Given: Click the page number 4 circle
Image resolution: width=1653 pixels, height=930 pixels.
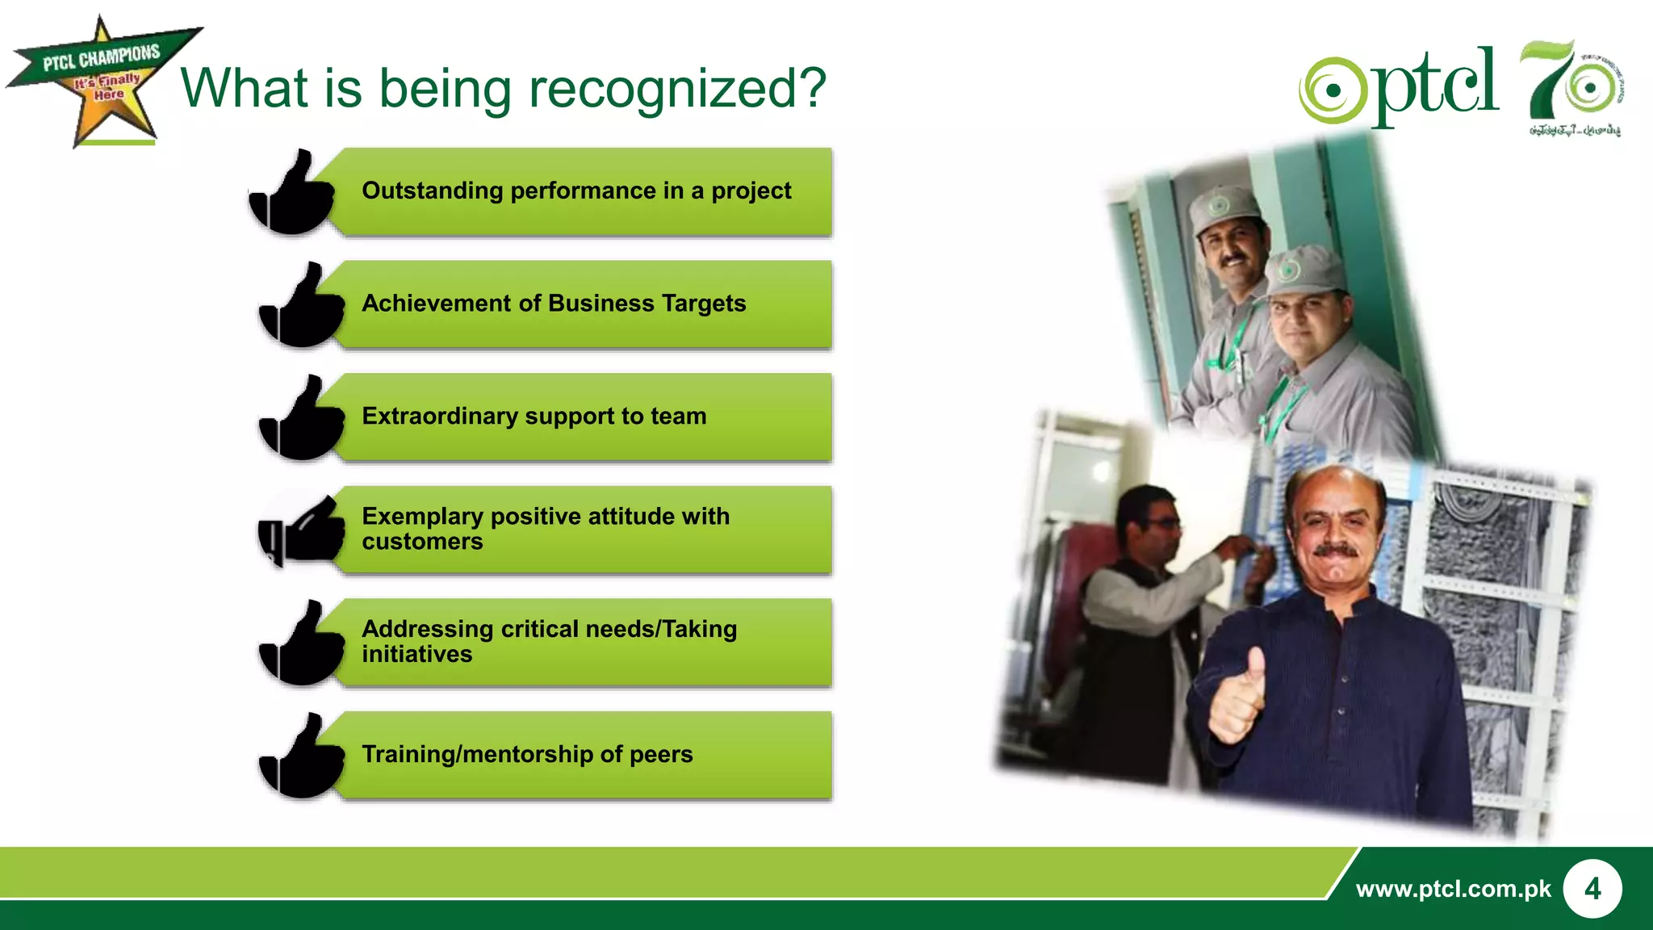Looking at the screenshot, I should [x=1592, y=889].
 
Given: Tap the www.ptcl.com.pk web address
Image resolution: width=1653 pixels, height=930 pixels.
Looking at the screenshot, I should [x=1453, y=889].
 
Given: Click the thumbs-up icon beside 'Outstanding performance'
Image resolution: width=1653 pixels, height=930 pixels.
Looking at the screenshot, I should [x=292, y=194].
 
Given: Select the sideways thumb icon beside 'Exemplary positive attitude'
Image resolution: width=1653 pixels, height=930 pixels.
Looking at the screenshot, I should [x=302, y=530].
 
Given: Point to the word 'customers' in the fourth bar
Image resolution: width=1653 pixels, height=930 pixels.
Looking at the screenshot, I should [x=422, y=542].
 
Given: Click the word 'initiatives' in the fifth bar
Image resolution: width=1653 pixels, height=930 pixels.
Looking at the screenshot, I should [x=416, y=655].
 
